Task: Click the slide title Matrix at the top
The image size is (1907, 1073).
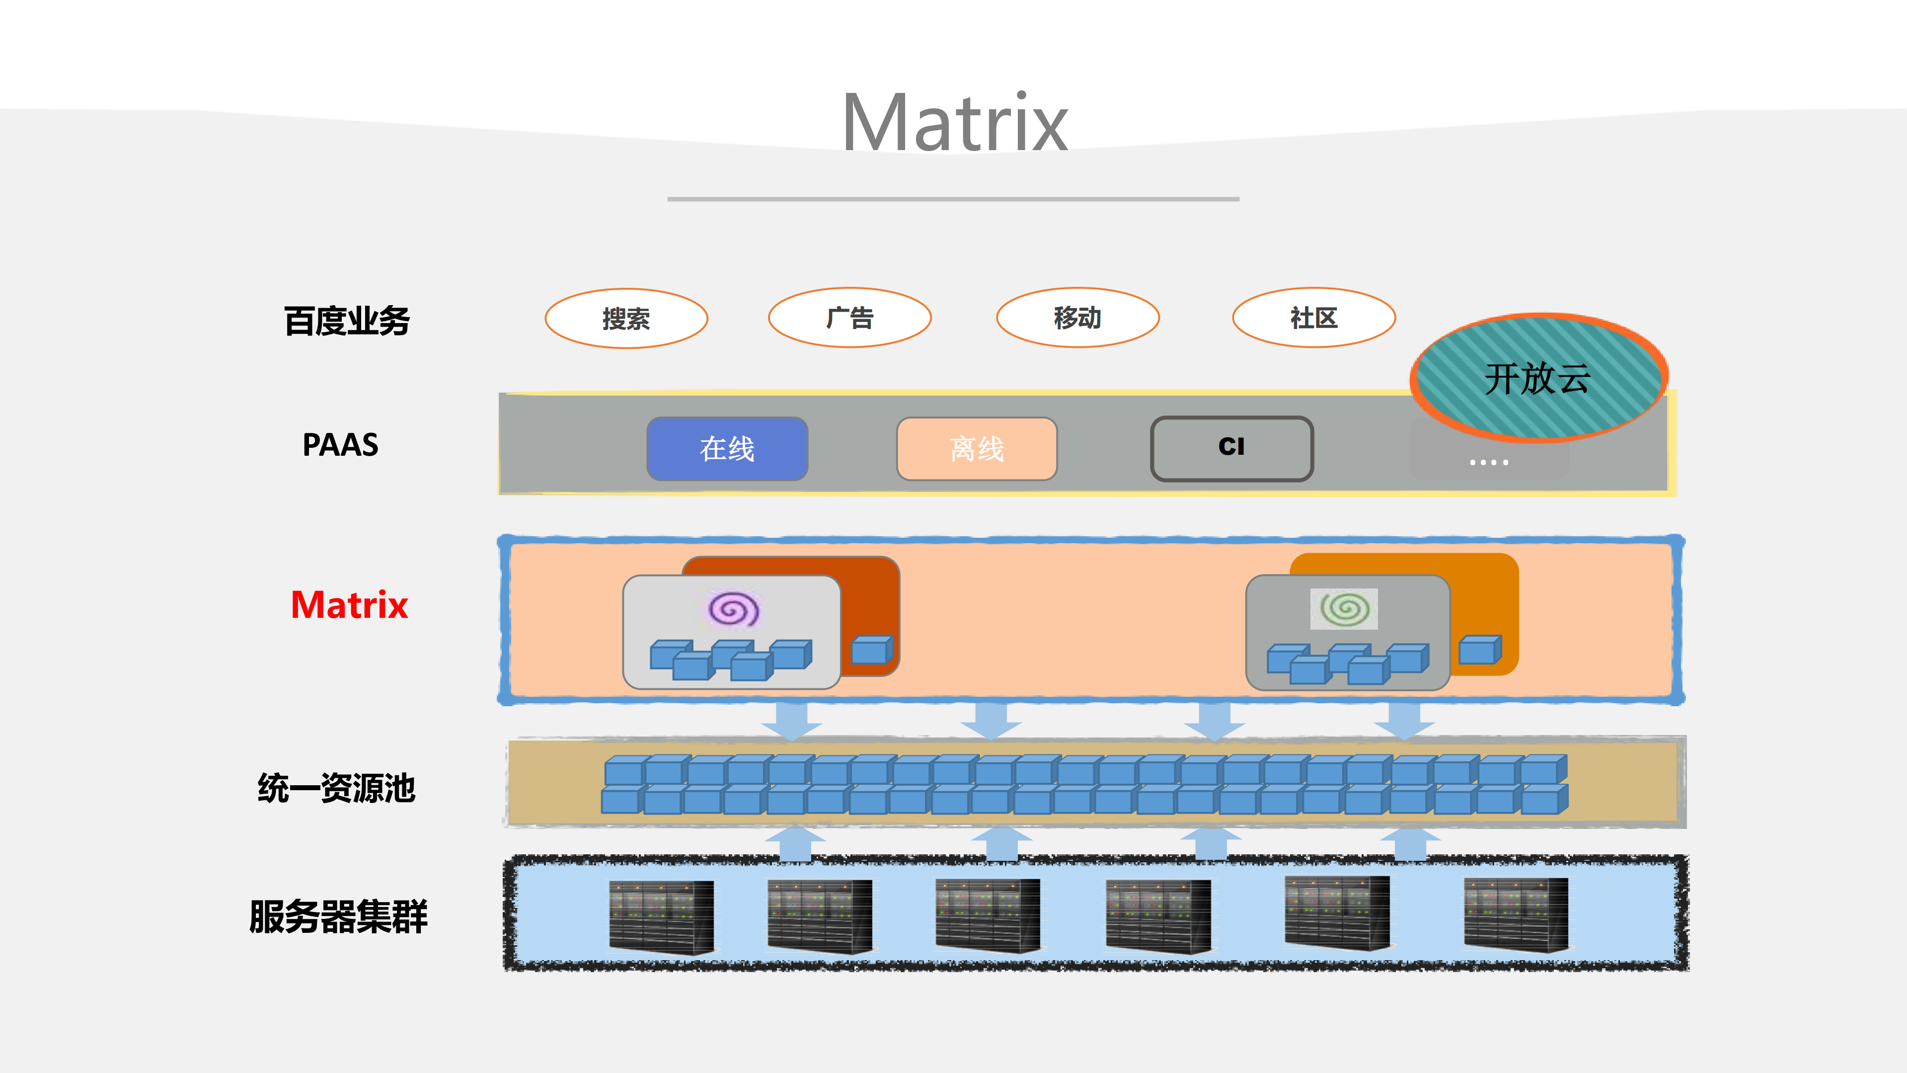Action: (x=955, y=123)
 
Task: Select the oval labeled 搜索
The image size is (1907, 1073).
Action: (x=626, y=319)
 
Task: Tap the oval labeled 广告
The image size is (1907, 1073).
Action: (x=850, y=318)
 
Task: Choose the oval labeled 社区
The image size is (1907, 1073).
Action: (x=1313, y=318)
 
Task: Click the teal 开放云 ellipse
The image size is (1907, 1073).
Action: (x=1537, y=378)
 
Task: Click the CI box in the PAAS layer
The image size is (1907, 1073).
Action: (x=1231, y=447)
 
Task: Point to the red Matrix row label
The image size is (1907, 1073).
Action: (x=349, y=605)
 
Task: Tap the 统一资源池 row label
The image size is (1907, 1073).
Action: (x=336, y=788)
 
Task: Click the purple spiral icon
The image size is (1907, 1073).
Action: (x=733, y=609)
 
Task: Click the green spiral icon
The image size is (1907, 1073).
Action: (x=1344, y=609)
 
